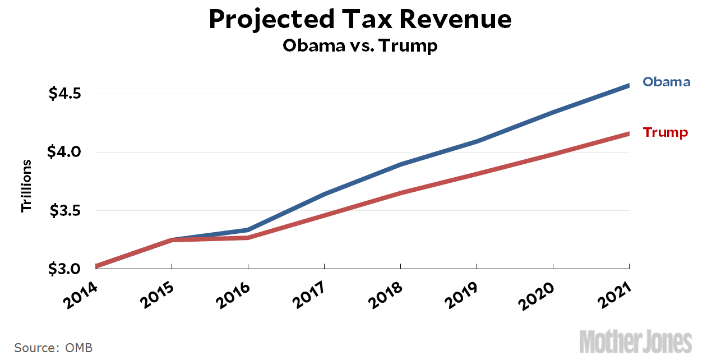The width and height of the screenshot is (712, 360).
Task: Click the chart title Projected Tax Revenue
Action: point(360,20)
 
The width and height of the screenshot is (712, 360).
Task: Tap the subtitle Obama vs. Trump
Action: point(360,45)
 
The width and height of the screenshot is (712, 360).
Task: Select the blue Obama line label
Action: point(666,82)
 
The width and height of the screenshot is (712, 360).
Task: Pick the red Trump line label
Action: point(665,133)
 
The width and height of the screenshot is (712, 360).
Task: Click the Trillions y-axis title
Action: point(26,186)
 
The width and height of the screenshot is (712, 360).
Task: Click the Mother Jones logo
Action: point(635,341)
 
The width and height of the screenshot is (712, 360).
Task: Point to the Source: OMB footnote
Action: point(53,348)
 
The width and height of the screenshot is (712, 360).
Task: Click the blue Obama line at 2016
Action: point(248,230)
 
